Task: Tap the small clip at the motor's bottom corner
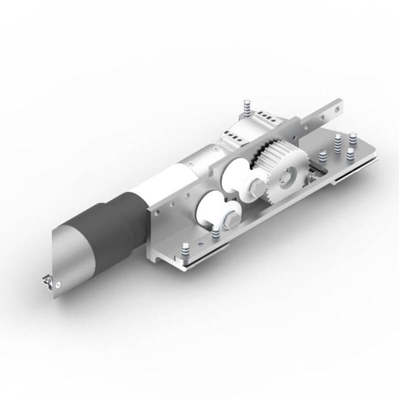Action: point(47,282)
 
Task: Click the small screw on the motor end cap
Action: point(62,284)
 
